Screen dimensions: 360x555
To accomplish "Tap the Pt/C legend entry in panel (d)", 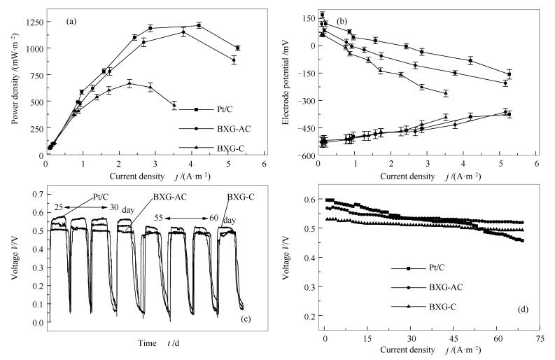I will (437, 268).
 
